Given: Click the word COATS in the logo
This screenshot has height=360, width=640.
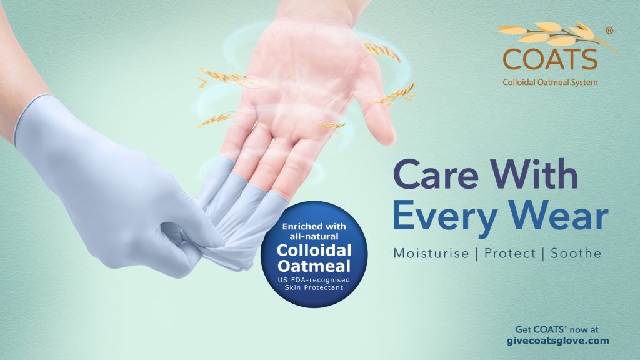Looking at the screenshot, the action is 550,59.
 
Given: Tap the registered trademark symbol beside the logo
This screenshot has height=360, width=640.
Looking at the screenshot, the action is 609,31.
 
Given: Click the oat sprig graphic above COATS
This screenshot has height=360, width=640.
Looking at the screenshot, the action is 557,35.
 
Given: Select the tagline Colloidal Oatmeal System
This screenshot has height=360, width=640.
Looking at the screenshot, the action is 550,82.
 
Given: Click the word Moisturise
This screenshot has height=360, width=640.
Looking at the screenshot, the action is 431,254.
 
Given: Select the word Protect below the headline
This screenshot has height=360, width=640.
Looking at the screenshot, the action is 510,254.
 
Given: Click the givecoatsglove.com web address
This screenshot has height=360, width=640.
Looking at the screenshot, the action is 557,341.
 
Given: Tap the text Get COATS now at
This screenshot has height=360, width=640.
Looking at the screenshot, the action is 557,329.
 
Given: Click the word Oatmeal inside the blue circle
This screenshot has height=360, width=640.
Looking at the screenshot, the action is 314,266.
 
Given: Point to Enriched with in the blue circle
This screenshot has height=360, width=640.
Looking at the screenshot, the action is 314,226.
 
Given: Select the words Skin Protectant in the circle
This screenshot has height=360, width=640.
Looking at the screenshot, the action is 314,288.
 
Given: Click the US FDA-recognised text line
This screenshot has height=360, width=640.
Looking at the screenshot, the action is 314,281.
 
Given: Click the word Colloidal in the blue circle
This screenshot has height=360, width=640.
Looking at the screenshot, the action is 314,250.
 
